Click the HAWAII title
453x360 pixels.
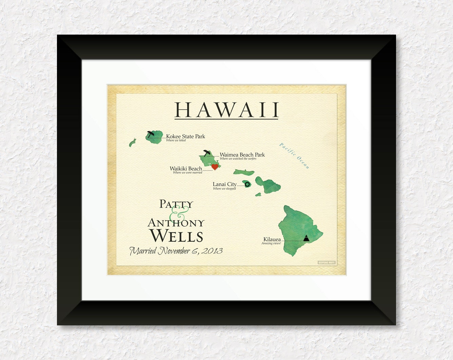tap(226, 110)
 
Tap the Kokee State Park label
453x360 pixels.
tap(185, 136)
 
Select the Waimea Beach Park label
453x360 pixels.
tap(242, 154)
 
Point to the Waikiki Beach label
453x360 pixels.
tap(186, 168)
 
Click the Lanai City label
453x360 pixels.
tap(224, 184)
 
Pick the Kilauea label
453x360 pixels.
tap(272, 239)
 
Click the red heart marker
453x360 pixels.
tap(215, 167)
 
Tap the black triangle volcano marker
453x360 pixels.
tap(306, 238)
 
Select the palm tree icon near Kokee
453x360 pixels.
tap(151, 134)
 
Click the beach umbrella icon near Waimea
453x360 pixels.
tap(206, 152)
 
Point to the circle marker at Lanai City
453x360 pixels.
tap(247, 184)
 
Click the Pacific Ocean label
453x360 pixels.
tap(294, 156)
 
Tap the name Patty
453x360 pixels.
tap(176, 204)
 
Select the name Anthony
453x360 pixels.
tap(176, 223)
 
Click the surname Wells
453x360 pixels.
tap(176, 236)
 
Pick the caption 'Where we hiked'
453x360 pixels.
tap(176, 140)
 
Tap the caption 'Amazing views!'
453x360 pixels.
tap(271, 243)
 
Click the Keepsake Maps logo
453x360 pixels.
tap(327, 263)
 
